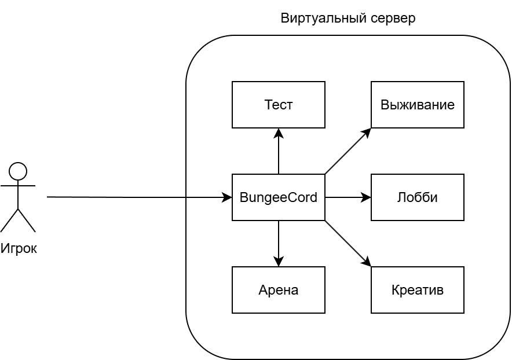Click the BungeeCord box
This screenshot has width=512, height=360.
click(278, 197)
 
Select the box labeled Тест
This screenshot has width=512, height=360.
click(278, 105)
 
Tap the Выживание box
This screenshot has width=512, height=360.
click(417, 105)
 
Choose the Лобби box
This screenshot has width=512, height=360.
click(417, 197)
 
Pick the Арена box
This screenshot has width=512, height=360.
click(278, 290)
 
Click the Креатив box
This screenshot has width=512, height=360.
click(417, 290)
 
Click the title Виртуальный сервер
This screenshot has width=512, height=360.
click(348, 18)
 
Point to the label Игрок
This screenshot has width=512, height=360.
click(19, 249)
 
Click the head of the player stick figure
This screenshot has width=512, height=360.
click(18, 171)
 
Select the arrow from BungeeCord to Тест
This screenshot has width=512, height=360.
click(279, 153)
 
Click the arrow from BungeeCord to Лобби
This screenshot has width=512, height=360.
click(346, 197)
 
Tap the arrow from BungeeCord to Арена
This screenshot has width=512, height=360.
click(279, 242)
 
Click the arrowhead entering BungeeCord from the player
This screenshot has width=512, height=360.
click(228, 197)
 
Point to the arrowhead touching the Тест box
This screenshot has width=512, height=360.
click(279, 133)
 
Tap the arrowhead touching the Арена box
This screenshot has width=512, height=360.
click(279, 262)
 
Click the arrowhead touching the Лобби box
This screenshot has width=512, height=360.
click(367, 197)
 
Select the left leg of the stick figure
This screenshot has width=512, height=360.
click(10, 220)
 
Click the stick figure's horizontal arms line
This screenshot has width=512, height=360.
click(18, 186)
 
